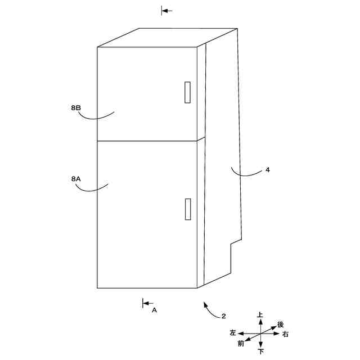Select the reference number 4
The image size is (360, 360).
point(267,169)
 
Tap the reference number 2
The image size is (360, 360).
point(223,316)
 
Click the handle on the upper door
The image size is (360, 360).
point(187,92)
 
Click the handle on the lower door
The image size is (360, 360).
point(187,209)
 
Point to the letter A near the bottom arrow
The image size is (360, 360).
point(154,310)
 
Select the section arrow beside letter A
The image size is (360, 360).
point(147,303)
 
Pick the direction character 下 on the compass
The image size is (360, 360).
point(260,352)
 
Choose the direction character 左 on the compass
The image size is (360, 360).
point(233,334)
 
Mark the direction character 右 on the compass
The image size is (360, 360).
point(286,335)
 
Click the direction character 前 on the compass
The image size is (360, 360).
point(241,343)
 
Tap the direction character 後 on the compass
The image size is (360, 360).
point(281,325)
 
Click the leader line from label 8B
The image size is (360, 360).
point(96,116)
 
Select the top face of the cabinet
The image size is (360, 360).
point(169,37)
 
